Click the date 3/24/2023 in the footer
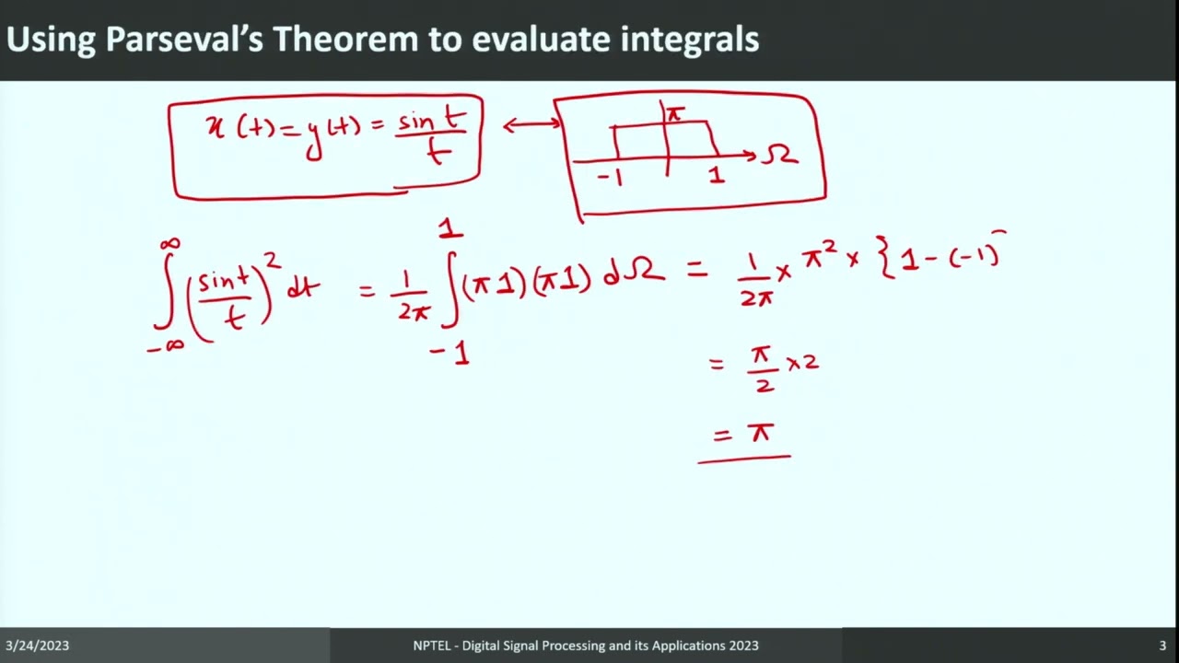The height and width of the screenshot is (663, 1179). coord(37,646)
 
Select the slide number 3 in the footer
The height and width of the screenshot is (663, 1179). coord(1162,646)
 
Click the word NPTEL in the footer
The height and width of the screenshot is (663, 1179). coord(433,646)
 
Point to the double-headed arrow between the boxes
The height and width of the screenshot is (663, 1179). coord(531,125)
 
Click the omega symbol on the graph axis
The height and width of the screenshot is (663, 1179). coord(779,156)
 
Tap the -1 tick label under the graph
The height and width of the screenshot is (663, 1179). coord(611,177)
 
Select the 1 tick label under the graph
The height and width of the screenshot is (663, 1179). coord(717,174)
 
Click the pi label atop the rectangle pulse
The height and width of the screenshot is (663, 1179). coord(675,114)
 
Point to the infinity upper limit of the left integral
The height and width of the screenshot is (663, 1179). coord(169,244)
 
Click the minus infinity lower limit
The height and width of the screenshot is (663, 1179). coord(166,346)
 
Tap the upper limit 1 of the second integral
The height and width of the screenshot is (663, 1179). coord(450,227)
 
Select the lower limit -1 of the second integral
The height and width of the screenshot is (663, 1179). coord(450,353)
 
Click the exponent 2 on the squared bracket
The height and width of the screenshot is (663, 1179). coord(274,265)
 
